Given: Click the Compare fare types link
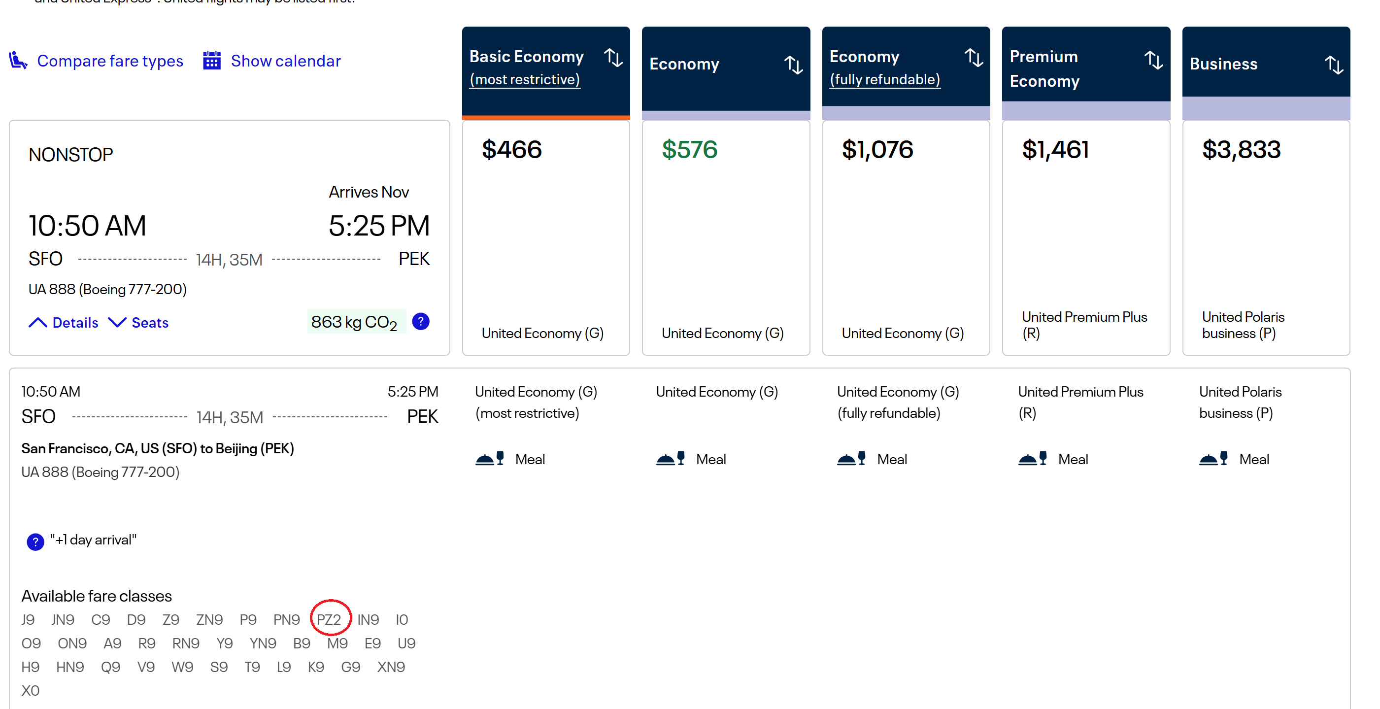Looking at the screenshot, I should tap(109, 61).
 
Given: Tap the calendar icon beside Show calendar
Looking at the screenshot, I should tap(212, 61).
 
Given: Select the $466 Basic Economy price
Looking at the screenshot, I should tap(511, 149).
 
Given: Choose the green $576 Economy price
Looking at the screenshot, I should tap(689, 149).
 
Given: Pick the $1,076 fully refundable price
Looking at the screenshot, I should tap(877, 149).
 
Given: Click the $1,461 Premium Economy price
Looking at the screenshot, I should tap(1055, 149).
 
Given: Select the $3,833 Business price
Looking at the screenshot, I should tap(1241, 149).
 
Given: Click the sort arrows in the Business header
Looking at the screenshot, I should tap(1333, 65).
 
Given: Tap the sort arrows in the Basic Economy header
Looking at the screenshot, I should tap(613, 58).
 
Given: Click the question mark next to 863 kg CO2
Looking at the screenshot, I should tap(421, 322).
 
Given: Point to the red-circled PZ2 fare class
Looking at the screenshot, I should tap(329, 619).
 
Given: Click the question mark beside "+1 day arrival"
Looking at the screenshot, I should tap(35, 542).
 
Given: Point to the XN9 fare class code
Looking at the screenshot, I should tap(391, 667).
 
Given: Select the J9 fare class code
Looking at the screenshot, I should tap(28, 619).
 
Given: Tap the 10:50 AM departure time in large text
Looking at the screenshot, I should tap(87, 226).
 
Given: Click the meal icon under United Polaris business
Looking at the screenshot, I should tap(1213, 459).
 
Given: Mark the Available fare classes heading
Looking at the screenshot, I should tap(97, 596).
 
